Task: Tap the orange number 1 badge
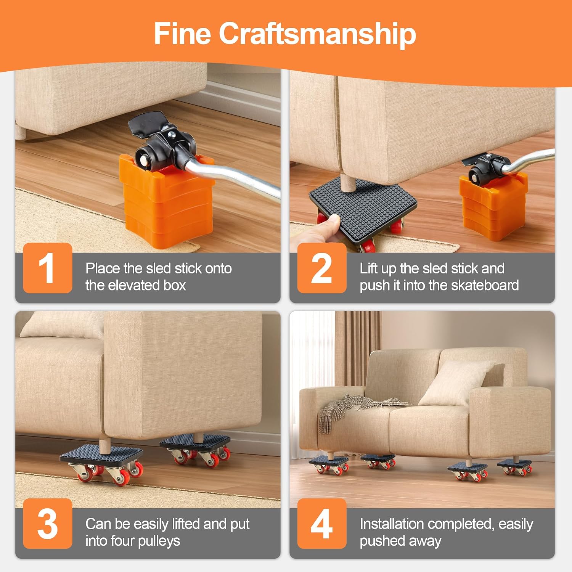(x=48, y=268)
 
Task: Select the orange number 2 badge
(x=322, y=268)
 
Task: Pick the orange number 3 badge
(x=48, y=524)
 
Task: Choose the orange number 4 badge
(x=322, y=524)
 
